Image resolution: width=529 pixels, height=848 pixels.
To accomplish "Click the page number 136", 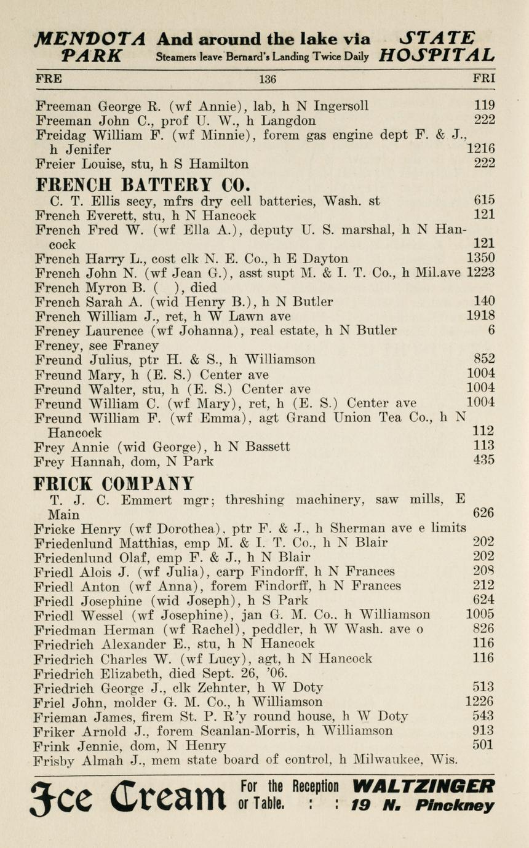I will pyautogui.click(x=268, y=79).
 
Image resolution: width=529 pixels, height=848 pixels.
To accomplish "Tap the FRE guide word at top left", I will pyautogui.click(x=49, y=79).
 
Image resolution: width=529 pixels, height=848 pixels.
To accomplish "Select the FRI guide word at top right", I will pyautogui.click(x=483, y=79).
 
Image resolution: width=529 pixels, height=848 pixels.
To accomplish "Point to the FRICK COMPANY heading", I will pyautogui.click(x=114, y=483).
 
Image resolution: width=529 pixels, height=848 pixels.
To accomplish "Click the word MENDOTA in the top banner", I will pyautogui.click(x=90, y=39).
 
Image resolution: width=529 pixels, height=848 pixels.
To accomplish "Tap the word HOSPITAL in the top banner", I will pyautogui.click(x=437, y=57).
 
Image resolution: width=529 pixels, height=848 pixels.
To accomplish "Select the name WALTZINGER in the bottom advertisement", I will pyautogui.click(x=424, y=787).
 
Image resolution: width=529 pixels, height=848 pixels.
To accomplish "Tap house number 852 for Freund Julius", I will pyautogui.click(x=484, y=359).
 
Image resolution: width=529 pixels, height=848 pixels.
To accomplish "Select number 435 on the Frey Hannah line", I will pyautogui.click(x=484, y=460).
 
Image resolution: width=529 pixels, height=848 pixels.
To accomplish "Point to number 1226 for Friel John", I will pyautogui.click(x=480, y=702).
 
